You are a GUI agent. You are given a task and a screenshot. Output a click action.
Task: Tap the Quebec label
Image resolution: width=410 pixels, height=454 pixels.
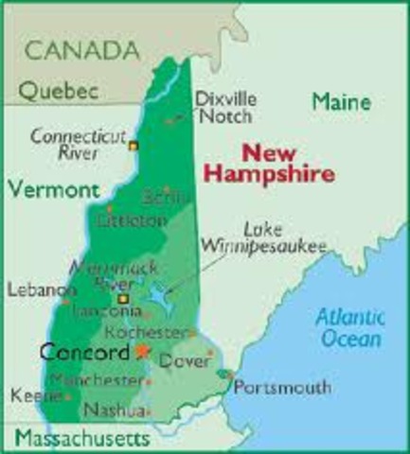click(60, 91)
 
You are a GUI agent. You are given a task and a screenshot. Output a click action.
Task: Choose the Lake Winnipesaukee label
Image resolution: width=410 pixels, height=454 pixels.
click(272, 236)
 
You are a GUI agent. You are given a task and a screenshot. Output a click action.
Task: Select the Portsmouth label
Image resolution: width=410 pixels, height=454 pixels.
click(282, 387)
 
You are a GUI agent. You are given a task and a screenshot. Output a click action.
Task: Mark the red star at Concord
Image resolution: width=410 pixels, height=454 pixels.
click(143, 351)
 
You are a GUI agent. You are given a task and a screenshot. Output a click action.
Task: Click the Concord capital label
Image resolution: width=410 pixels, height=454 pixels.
click(84, 352)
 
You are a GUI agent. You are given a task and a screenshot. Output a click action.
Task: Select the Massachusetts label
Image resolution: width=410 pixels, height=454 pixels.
click(82, 438)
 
